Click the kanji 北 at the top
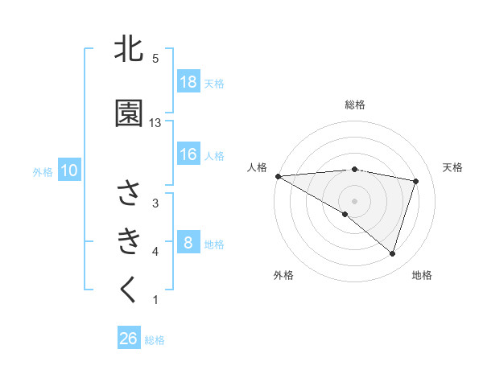click(x=129, y=50)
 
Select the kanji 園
click(x=129, y=115)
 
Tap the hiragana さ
click(x=129, y=194)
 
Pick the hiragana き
click(x=129, y=240)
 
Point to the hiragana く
click(x=129, y=290)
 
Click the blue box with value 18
click(x=188, y=82)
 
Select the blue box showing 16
click(x=188, y=155)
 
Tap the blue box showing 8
click(x=188, y=243)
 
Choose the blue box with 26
click(x=129, y=339)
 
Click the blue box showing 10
click(x=69, y=171)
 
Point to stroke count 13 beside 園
click(x=155, y=122)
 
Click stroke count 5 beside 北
click(x=155, y=59)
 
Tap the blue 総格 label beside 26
click(x=155, y=339)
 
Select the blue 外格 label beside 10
click(x=43, y=171)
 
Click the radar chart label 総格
click(x=354, y=105)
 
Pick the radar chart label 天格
click(x=453, y=167)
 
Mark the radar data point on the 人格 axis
click(x=278, y=175)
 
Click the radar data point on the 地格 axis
click(x=392, y=253)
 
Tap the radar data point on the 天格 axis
click(x=415, y=181)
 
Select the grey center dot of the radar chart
click(x=354, y=200)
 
